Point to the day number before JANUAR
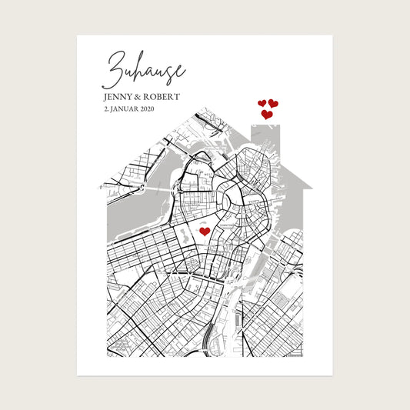(x=105, y=110)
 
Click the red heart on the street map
(x=205, y=231)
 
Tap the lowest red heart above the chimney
(x=267, y=115)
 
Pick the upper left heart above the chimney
(x=262, y=103)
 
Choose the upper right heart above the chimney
(x=273, y=103)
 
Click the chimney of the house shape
(x=267, y=138)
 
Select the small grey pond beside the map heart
(x=188, y=232)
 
